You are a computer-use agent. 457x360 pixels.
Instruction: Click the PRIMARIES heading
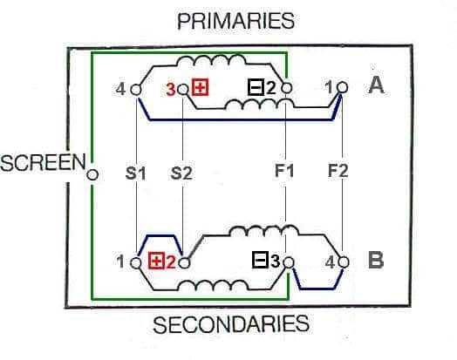pyautogui.click(x=236, y=21)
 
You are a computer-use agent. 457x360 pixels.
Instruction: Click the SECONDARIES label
pyautogui.click(x=231, y=324)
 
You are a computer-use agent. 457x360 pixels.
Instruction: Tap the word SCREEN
pyautogui.click(x=43, y=162)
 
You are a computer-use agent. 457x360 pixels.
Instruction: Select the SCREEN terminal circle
pyautogui.click(x=92, y=174)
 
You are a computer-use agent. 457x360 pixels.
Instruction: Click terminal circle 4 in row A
pyautogui.click(x=135, y=90)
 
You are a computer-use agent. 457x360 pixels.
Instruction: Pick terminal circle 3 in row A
pyautogui.click(x=183, y=89)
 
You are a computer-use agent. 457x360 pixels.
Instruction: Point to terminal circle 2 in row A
pyautogui.click(x=287, y=87)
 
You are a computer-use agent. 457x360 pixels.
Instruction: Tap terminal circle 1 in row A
pyautogui.click(x=342, y=87)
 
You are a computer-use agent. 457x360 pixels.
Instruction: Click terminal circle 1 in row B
pyautogui.click(x=135, y=263)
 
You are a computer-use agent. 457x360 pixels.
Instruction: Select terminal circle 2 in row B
pyautogui.click(x=184, y=263)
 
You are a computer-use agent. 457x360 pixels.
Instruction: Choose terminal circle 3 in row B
pyautogui.click(x=289, y=262)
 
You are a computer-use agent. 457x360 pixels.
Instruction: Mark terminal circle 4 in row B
pyautogui.click(x=344, y=262)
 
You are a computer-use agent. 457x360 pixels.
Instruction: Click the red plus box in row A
pyautogui.click(x=201, y=88)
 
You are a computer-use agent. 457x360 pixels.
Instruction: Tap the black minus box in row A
pyautogui.click(x=256, y=88)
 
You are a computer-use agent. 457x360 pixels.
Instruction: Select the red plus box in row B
pyautogui.click(x=157, y=261)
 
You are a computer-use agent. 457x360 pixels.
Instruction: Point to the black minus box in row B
pyautogui.click(x=260, y=260)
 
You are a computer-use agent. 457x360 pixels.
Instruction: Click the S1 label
pyautogui.click(x=135, y=173)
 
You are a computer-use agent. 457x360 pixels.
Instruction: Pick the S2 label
pyautogui.click(x=181, y=173)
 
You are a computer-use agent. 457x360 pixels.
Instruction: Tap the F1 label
pyautogui.click(x=284, y=171)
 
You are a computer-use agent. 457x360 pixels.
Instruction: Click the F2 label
pyautogui.click(x=338, y=171)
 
